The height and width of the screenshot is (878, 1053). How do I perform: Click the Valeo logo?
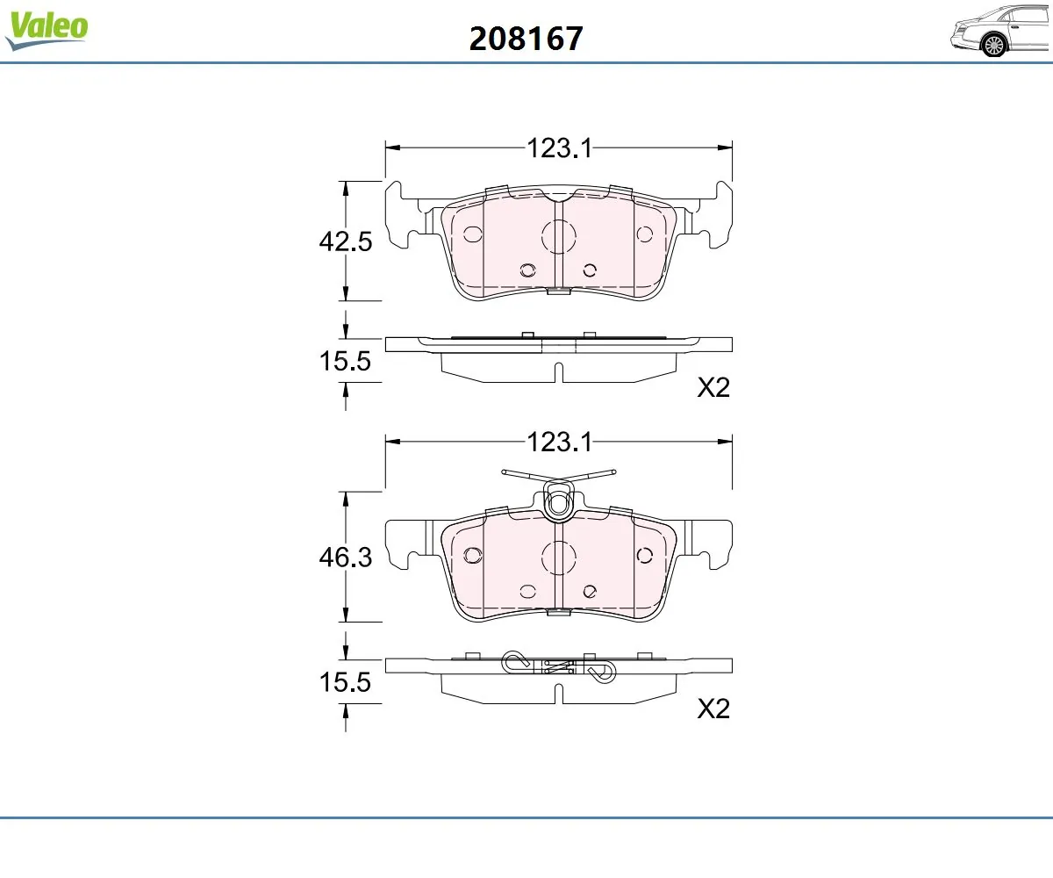coord(47,29)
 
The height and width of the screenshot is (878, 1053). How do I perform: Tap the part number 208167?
coord(526,39)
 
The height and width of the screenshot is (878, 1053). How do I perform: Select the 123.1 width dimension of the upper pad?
coord(559,148)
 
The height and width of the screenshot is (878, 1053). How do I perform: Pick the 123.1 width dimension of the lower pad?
coord(559,442)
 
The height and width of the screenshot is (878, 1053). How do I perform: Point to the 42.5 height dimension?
coord(346,241)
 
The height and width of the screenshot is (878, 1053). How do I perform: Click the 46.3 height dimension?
coord(346,557)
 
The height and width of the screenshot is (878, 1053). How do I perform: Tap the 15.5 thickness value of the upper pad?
coord(345,361)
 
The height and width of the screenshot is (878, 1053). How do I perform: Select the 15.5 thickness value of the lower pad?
coord(345,682)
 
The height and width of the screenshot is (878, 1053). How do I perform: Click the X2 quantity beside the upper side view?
coord(713,387)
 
